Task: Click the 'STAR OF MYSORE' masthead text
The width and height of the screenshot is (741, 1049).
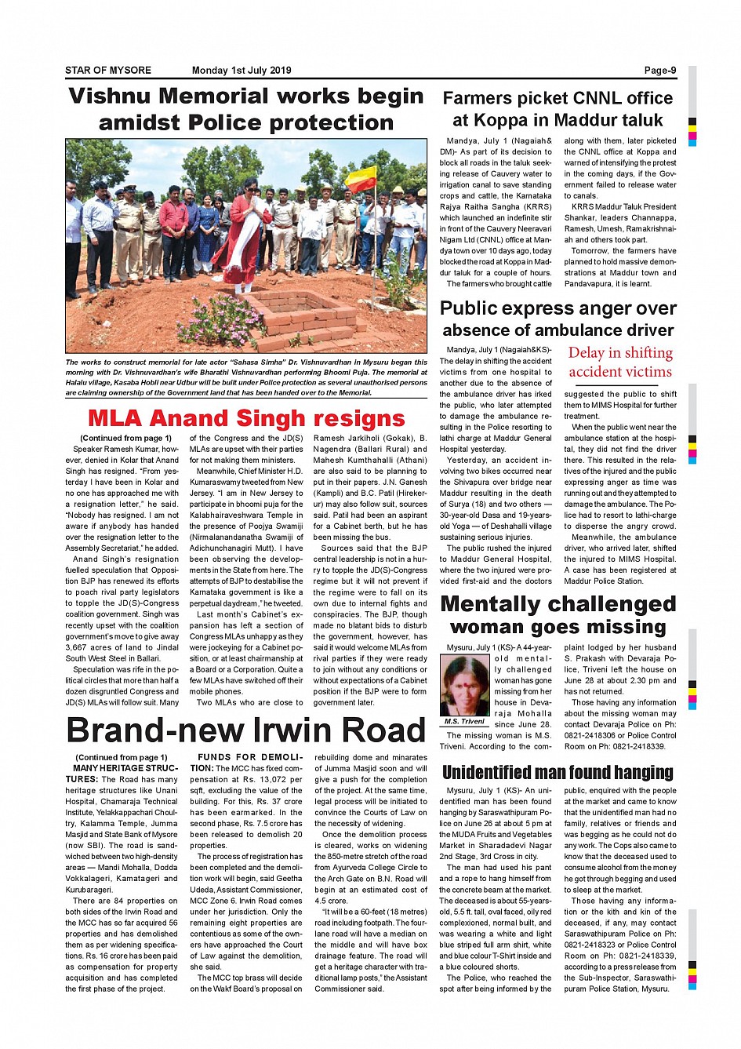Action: tap(108, 71)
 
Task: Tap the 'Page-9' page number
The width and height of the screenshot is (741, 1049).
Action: tap(659, 71)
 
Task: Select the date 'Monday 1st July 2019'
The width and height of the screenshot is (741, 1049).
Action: tap(241, 71)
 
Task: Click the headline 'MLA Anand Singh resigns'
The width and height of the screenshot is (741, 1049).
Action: tap(246, 418)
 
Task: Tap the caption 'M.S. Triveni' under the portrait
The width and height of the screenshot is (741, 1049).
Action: tap(464, 721)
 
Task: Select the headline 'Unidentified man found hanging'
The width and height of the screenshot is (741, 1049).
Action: tap(558, 773)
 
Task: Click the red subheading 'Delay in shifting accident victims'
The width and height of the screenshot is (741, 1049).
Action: tap(620, 362)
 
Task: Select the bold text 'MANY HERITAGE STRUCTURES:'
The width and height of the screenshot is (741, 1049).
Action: tap(122, 774)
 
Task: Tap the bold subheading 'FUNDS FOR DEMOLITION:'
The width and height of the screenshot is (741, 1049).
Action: tap(246, 763)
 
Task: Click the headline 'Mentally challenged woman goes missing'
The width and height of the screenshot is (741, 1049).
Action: tap(558, 615)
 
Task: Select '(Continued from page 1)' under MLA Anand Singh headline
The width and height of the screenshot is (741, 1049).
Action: tap(125, 439)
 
